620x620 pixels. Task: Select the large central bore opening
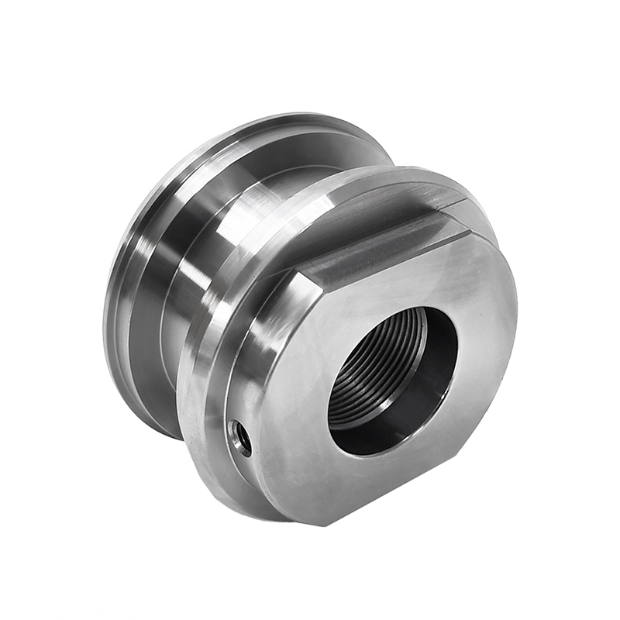(x=392, y=380)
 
